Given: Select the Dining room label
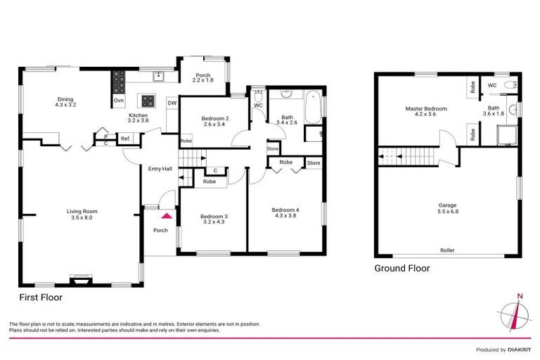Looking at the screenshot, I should pos(65,102).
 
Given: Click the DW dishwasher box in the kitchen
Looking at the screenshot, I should pos(172,103).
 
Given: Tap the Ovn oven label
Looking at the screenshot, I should pos(118,101).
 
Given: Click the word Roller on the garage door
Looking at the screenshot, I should pos(446,250).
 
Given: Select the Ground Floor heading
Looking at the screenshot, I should pos(401,269).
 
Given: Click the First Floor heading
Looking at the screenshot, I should pos(41,297).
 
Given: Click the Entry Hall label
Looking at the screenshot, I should pos(160,169).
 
